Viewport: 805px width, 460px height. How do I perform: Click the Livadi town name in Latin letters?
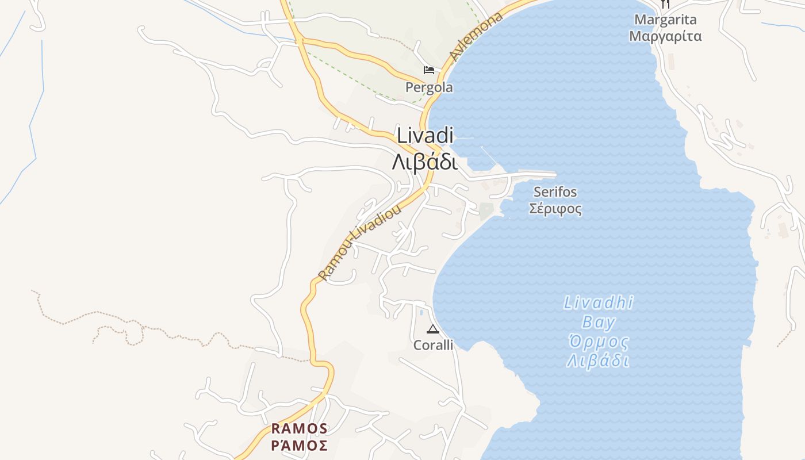pos(425,136)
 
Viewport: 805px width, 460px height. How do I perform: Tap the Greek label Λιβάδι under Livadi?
pos(425,162)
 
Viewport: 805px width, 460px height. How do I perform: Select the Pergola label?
pos(429,87)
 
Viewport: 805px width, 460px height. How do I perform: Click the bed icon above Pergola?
pos(429,70)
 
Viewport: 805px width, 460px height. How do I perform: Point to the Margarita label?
pos(665,20)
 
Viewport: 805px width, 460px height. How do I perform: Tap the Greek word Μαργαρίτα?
pos(665,36)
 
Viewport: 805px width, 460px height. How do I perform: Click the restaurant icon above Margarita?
pos(665,4)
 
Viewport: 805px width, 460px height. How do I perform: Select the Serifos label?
pos(555,191)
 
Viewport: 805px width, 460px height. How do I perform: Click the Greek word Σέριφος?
pos(555,208)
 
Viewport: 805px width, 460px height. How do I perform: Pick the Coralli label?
pos(433,345)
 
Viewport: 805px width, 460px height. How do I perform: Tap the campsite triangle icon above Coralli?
pos(433,329)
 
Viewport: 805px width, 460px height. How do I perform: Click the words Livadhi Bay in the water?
pos(599,312)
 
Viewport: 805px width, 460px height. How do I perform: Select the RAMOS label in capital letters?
pos(299,428)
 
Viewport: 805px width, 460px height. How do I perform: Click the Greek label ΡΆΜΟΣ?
pos(299,445)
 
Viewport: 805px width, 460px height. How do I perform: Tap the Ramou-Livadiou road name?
pos(360,244)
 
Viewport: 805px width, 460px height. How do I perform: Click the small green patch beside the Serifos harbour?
pos(486,210)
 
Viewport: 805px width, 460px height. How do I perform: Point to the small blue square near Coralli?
pos(421,312)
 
